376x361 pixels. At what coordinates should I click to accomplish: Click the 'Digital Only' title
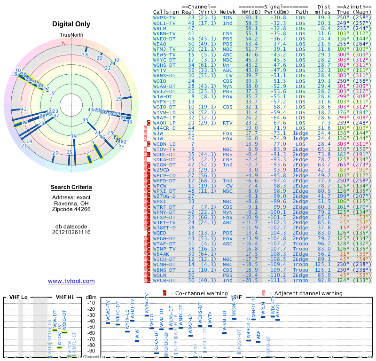coord(71,24)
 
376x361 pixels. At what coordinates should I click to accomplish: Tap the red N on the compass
coord(64,43)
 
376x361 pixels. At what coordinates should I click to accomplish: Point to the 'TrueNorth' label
coord(71,35)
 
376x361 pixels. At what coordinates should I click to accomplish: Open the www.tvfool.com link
coord(71,281)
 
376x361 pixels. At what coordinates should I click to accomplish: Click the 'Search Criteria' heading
coord(71,188)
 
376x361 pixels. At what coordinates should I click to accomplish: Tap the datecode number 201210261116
coord(71,232)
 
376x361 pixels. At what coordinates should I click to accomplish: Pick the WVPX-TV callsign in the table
coord(164,17)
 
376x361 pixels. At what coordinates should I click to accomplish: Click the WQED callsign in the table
coord(160,233)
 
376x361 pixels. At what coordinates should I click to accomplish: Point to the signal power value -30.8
coord(275,17)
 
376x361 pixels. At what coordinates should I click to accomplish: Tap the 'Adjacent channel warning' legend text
coord(305,293)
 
